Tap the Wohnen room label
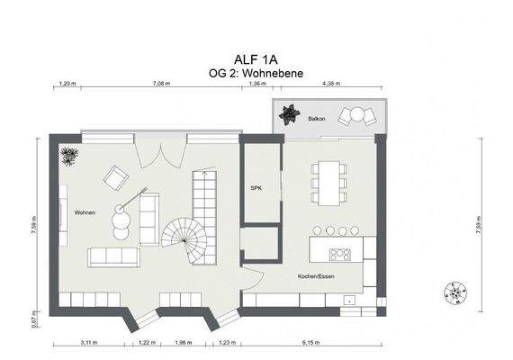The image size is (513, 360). (85, 212)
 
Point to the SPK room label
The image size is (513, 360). (255, 187)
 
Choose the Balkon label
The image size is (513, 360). (317, 117)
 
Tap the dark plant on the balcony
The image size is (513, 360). (292, 115)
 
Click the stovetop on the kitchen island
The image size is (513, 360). (340, 254)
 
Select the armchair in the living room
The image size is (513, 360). (115, 177)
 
